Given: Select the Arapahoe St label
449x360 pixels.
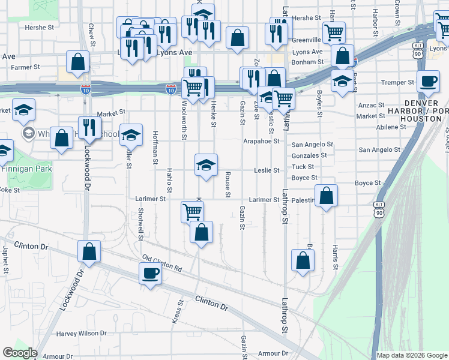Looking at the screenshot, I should [262, 141].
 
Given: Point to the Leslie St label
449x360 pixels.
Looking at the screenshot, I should [267, 170].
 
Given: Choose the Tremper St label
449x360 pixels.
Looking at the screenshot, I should [398, 82].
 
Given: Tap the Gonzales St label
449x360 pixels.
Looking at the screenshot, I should [309, 155].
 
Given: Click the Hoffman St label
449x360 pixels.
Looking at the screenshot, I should [155, 144].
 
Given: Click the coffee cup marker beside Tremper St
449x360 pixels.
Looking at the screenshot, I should [428, 81].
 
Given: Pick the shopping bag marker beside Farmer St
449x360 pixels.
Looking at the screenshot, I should [78, 61].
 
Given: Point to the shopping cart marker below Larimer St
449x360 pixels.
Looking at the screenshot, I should [192, 211].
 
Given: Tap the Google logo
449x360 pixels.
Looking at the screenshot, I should [20, 353].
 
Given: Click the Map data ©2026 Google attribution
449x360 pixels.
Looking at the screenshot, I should [412, 355].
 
